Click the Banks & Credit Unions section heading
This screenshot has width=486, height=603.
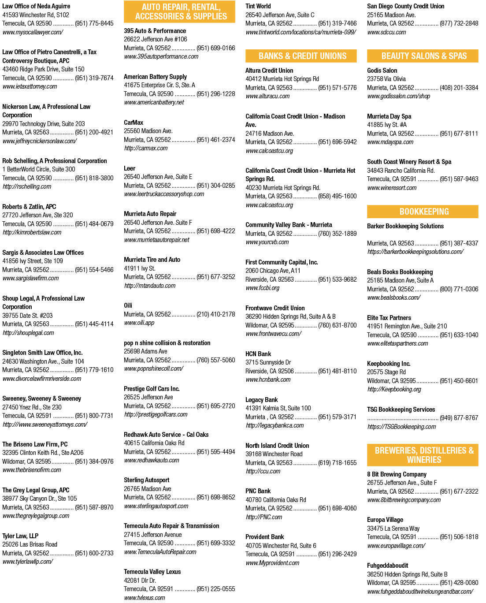302,56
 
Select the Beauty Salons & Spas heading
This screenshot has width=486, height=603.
424,56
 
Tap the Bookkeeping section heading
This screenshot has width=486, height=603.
424,212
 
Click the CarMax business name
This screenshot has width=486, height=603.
134,123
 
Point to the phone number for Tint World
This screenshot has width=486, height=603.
337,23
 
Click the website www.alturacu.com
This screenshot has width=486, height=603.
267,97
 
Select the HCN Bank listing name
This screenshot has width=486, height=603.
258,354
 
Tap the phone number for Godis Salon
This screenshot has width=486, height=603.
459,88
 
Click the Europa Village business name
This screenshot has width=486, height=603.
385,520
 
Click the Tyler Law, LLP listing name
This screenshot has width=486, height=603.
20,536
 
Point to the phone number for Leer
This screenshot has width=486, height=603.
216,186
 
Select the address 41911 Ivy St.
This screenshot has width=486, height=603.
140,268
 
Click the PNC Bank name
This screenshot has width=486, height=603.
258,491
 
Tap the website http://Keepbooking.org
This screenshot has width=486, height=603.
394,390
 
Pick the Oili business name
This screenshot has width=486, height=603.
128,305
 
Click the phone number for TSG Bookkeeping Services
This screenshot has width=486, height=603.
459,418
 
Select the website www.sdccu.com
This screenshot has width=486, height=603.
386,32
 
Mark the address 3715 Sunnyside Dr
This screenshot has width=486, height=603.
268,363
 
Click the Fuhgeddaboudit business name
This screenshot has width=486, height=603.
388,566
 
